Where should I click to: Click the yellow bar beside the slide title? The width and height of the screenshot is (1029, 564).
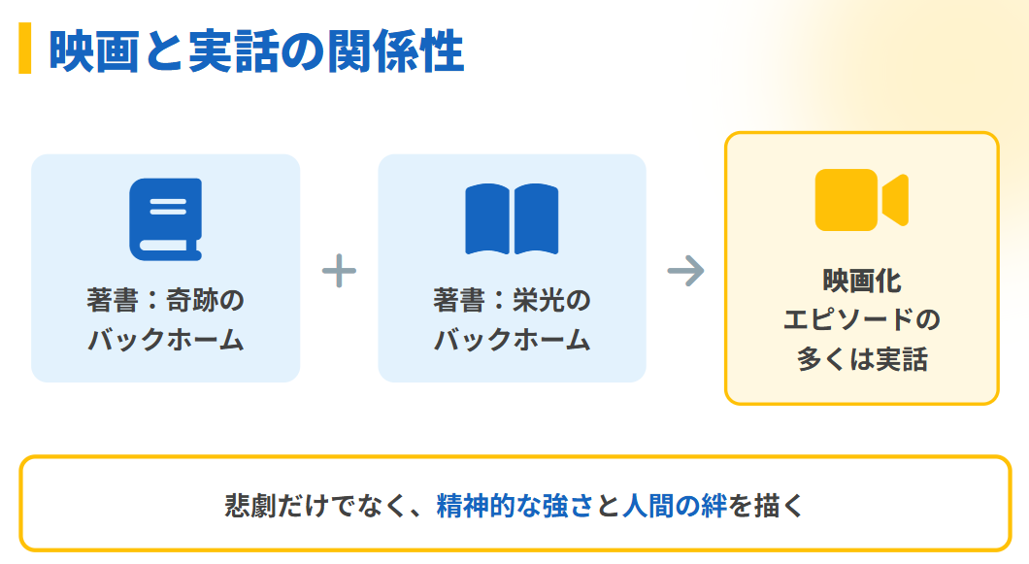[25, 49]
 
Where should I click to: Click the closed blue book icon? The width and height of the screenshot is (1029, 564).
[165, 219]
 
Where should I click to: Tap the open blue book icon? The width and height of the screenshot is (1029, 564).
[512, 219]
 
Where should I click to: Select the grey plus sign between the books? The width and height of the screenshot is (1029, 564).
[339, 270]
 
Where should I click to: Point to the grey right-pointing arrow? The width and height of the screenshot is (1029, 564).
[685, 271]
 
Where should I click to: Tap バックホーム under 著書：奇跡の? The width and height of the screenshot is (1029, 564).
[165, 341]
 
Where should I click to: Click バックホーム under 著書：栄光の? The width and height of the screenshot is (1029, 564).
[512, 341]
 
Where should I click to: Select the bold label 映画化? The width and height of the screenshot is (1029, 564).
[862, 282]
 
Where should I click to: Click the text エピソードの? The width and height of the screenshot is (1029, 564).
[862, 320]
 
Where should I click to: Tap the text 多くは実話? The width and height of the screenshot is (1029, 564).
[862, 360]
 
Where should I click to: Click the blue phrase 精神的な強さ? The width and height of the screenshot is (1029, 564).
[514, 506]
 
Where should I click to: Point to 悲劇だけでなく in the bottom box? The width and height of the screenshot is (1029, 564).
[315, 506]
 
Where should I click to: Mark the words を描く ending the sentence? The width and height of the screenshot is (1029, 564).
[766, 506]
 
